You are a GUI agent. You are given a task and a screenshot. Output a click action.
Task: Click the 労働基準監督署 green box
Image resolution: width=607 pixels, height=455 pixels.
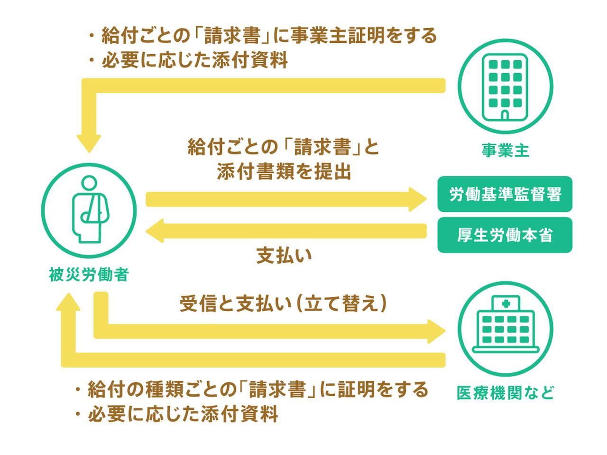pos(505,194)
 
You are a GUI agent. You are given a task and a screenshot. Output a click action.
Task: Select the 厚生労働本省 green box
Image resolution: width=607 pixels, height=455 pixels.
pos(505,235)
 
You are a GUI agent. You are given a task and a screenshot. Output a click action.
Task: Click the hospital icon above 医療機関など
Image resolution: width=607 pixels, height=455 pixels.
pos(505,328)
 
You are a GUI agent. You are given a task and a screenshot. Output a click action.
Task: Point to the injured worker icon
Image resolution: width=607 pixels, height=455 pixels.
pos(89,210)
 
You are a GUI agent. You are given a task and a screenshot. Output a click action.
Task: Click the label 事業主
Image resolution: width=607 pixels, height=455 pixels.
pos(505,151)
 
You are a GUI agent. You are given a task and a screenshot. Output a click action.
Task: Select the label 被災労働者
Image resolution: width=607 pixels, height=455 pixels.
pos(89,275)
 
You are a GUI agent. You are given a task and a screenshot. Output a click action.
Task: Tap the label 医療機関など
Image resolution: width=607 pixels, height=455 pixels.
pos(505,393)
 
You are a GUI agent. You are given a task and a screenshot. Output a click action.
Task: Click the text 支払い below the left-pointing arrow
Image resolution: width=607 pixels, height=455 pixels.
pos(284,256)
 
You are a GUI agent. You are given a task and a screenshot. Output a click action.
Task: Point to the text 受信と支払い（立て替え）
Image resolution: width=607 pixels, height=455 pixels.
pos(283,304)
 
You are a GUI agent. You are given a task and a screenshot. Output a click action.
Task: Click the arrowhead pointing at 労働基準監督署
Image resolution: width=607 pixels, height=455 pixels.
pos(417,199)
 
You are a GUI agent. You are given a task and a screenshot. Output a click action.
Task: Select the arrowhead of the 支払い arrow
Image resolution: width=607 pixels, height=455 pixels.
pos(156,231)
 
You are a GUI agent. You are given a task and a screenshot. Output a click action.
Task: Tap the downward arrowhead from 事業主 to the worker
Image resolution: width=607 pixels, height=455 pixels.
pos(89,142)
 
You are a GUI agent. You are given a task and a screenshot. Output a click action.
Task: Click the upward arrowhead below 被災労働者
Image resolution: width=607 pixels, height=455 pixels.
pos(68,300)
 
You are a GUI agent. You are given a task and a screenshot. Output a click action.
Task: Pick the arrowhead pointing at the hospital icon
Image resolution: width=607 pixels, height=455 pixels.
pos(436,331)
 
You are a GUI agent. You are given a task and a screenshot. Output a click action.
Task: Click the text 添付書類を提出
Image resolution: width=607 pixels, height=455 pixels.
pos(284,172)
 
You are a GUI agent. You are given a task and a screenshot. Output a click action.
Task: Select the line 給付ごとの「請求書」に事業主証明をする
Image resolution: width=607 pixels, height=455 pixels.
pos(268,36)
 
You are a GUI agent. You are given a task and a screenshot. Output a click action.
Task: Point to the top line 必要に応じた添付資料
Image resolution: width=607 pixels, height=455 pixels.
pos(194,61)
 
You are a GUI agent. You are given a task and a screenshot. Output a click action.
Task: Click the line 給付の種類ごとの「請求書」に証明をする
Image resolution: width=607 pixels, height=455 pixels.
pos(258,389)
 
